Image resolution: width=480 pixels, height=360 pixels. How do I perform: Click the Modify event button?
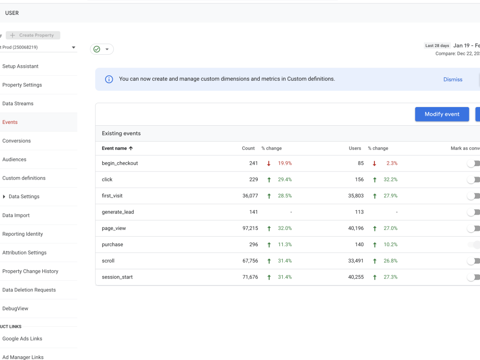point(442,114)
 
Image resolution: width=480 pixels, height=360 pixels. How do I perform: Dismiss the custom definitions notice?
point(453,80)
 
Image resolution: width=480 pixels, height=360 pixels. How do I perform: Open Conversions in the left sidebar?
point(16,141)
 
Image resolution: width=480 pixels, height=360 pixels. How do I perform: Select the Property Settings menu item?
point(22,85)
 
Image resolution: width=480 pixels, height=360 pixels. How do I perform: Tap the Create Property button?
point(33,35)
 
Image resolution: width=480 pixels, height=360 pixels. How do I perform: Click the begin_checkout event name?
point(120,163)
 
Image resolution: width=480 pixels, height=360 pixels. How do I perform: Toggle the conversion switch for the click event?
point(474,180)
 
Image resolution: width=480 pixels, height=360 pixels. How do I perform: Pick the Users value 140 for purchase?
point(359,245)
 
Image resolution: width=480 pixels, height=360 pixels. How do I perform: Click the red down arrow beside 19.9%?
point(269,163)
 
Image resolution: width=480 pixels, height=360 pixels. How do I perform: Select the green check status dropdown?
point(102,49)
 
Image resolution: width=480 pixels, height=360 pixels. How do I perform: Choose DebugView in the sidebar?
point(16,309)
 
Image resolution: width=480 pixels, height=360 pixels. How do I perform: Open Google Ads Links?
point(22,338)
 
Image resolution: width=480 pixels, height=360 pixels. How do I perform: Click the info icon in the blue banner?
point(109,79)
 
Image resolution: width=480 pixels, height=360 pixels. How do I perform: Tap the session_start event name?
point(117,277)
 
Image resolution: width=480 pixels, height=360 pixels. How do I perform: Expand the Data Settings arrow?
point(4,197)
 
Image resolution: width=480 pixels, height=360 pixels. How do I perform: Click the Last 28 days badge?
point(437,46)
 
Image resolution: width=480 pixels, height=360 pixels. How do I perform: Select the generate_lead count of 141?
point(253,212)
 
